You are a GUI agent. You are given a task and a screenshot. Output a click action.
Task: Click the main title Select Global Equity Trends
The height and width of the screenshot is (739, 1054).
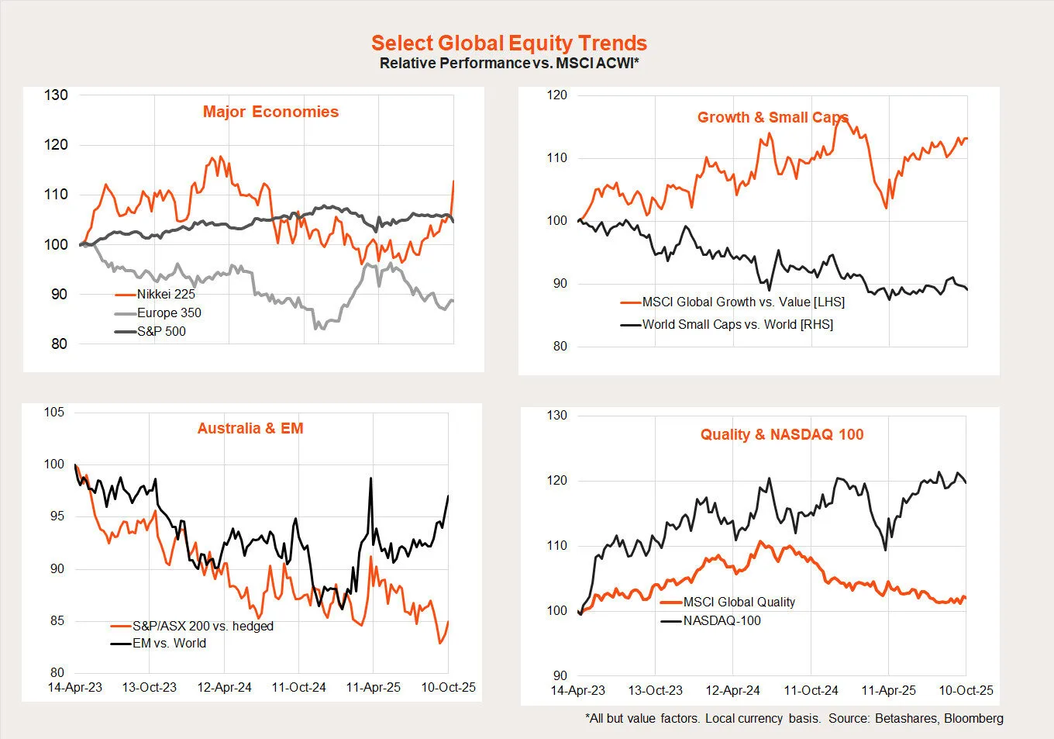pyautogui.click(x=508, y=43)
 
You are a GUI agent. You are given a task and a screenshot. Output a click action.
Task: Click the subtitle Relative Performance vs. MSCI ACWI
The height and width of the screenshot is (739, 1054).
pyautogui.click(x=508, y=64)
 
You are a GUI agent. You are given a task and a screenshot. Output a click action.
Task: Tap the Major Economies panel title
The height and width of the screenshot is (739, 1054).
pyautogui.click(x=270, y=112)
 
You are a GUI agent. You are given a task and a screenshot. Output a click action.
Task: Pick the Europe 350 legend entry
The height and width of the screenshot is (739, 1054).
pyautogui.click(x=169, y=313)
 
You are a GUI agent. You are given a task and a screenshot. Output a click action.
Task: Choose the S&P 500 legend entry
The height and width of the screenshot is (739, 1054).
pyautogui.click(x=161, y=332)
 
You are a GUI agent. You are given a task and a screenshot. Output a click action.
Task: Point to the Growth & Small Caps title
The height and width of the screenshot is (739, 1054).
pyautogui.click(x=773, y=118)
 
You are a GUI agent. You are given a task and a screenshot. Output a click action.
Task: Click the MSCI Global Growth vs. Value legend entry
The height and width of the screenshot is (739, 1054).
pyautogui.click(x=742, y=302)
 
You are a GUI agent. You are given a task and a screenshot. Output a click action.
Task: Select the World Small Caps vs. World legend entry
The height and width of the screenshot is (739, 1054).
pyautogui.click(x=737, y=325)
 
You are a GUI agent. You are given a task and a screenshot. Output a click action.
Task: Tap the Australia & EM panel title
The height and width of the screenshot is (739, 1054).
pyautogui.click(x=250, y=429)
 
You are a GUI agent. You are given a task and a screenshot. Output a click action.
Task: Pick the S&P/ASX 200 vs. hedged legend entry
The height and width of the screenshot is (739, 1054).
pyautogui.click(x=202, y=627)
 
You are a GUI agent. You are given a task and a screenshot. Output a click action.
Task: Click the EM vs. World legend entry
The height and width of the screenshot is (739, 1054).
pyautogui.click(x=169, y=644)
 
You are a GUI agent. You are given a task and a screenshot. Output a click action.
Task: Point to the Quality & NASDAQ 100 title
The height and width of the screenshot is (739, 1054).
pyautogui.click(x=782, y=435)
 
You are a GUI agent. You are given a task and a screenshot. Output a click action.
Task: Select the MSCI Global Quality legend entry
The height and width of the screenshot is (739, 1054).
pyautogui.click(x=739, y=603)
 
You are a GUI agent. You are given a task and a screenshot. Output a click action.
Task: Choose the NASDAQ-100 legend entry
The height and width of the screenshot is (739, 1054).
pyautogui.click(x=722, y=621)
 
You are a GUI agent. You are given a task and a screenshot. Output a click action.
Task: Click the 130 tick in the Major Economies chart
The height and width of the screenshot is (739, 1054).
pyautogui.click(x=56, y=95)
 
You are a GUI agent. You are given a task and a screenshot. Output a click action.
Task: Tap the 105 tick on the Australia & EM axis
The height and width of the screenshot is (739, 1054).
pyautogui.click(x=54, y=413)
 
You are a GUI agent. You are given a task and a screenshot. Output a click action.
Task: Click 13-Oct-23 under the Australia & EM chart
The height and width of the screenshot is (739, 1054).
pyautogui.click(x=150, y=688)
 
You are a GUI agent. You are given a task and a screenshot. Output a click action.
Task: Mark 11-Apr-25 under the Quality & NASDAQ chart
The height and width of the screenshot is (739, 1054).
pyautogui.click(x=888, y=691)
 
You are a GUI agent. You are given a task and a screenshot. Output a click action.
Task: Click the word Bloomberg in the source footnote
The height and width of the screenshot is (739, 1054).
pyautogui.click(x=973, y=719)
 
